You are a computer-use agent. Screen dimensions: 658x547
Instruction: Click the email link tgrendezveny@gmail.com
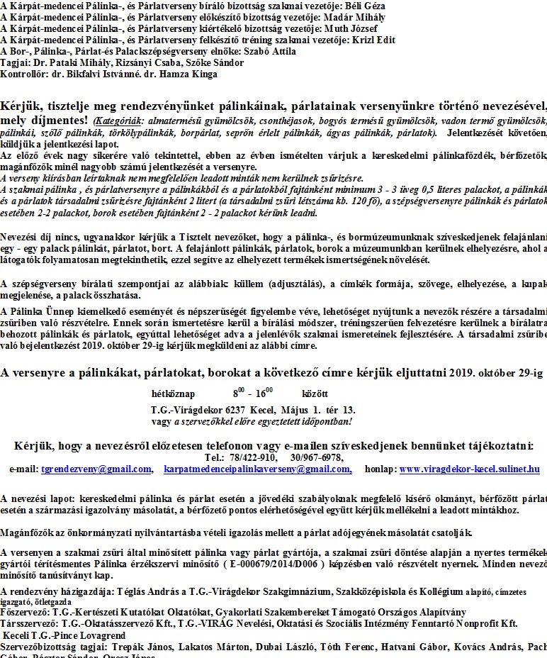(96, 469)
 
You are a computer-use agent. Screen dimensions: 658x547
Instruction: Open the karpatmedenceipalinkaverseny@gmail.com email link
(257, 469)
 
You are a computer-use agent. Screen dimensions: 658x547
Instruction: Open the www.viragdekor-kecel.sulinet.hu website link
(469, 469)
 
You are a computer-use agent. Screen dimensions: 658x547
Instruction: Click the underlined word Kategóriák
(119, 121)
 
